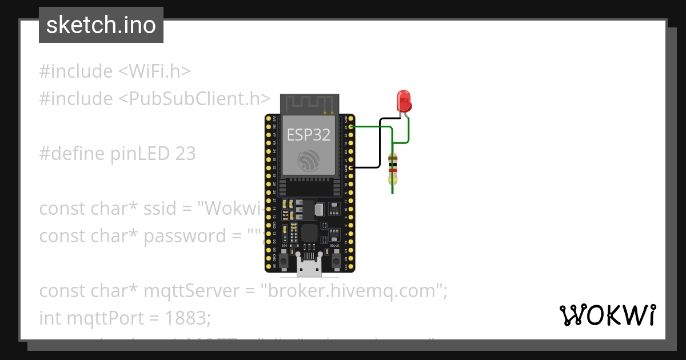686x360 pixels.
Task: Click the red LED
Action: coord(404,101)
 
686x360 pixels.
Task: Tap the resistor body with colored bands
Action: coord(392,169)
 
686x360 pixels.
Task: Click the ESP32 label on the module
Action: coord(309,134)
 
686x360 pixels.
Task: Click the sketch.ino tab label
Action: coord(101,25)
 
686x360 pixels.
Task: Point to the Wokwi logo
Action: coord(607,315)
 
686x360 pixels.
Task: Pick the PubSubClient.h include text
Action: coord(194,99)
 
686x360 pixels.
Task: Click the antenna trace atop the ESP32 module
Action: coord(309,103)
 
